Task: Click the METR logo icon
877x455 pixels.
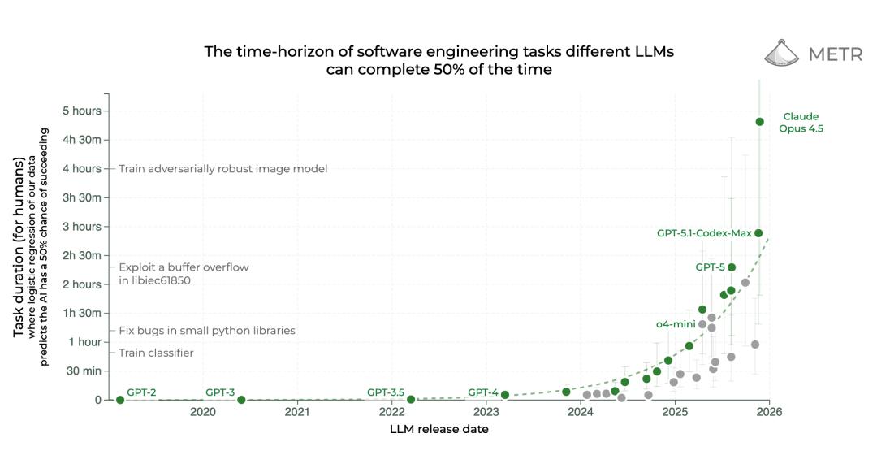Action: pos(782,54)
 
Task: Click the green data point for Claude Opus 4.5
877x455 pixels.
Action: pos(759,122)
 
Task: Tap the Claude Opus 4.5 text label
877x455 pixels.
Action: pos(801,122)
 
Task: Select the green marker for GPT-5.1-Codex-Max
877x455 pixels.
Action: pos(758,233)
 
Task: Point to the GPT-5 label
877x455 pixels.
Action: pos(710,266)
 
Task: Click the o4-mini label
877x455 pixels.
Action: pos(676,324)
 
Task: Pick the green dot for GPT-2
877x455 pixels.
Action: pos(120,400)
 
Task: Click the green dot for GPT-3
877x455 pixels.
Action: pos(241,400)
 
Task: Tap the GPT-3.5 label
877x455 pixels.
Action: pos(386,392)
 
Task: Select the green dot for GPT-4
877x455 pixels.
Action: pos(505,395)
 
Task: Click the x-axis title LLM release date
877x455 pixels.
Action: pos(439,429)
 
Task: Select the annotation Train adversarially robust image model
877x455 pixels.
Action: pos(222,169)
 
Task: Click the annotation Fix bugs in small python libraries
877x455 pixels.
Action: pos(206,331)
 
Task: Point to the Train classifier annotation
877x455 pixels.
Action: pos(156,353)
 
